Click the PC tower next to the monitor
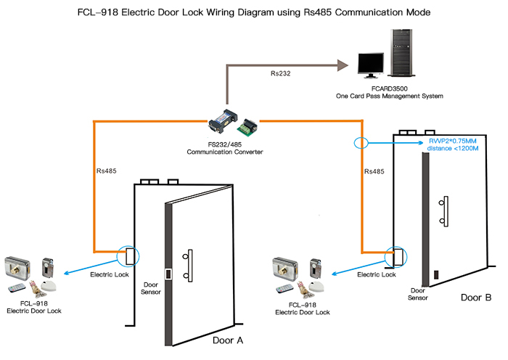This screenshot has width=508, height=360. point(402,55)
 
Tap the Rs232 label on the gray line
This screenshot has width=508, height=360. point(280,73)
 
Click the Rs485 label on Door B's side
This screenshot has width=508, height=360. point(373,172)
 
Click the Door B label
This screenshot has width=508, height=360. point(476,298)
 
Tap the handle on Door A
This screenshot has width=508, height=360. point(189,266)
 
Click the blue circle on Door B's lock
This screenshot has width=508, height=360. point(396,257)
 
